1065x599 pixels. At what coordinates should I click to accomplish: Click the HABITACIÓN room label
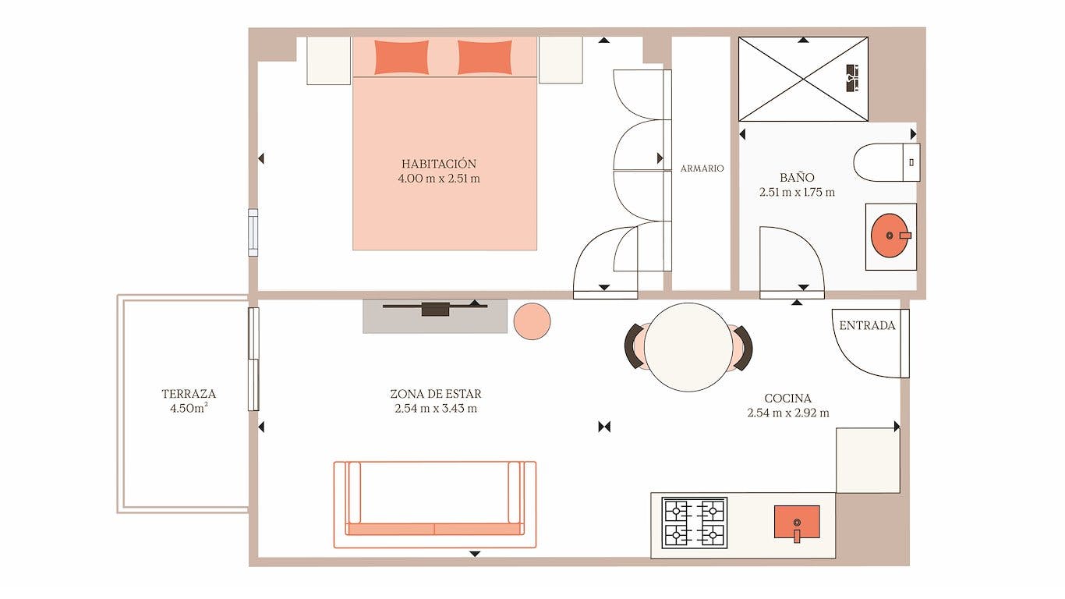[x=438, y=164]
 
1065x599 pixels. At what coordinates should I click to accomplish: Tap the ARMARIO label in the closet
[x=702, y=168]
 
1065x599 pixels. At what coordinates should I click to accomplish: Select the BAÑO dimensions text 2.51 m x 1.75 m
[x=797, y=192]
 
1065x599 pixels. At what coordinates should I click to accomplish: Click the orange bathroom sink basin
[x=890, y=236]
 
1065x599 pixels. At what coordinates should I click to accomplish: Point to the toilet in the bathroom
[x=885, y=162]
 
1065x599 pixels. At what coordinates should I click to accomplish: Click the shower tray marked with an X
[x=802, y=79]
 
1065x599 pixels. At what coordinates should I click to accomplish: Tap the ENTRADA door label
[x=867, y=325]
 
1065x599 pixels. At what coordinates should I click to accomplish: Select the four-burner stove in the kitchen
[x=694, y=523]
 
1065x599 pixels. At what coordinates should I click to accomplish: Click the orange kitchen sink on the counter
[x=796, y=522]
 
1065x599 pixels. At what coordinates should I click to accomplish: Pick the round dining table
[x=687, y=347]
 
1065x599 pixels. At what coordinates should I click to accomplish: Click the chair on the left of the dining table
[x=634, y=346]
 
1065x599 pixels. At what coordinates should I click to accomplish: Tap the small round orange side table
[x=532, y=321]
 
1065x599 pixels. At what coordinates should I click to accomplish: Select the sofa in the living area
[x=434, y=504]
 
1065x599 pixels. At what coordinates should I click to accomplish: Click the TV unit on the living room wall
[x=435, y=309]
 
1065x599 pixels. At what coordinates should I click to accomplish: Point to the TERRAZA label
[x=189, y=394]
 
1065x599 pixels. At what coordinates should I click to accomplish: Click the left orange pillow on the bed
[x=402, y=57]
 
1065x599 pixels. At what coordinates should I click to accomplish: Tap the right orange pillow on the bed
[x=484, y=57]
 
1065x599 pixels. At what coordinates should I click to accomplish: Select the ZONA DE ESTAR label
[x=436, y=394]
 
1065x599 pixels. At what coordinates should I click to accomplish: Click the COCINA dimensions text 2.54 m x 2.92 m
[x=787, y=413]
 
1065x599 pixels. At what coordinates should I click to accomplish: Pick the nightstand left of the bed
[x=328, y=60]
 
